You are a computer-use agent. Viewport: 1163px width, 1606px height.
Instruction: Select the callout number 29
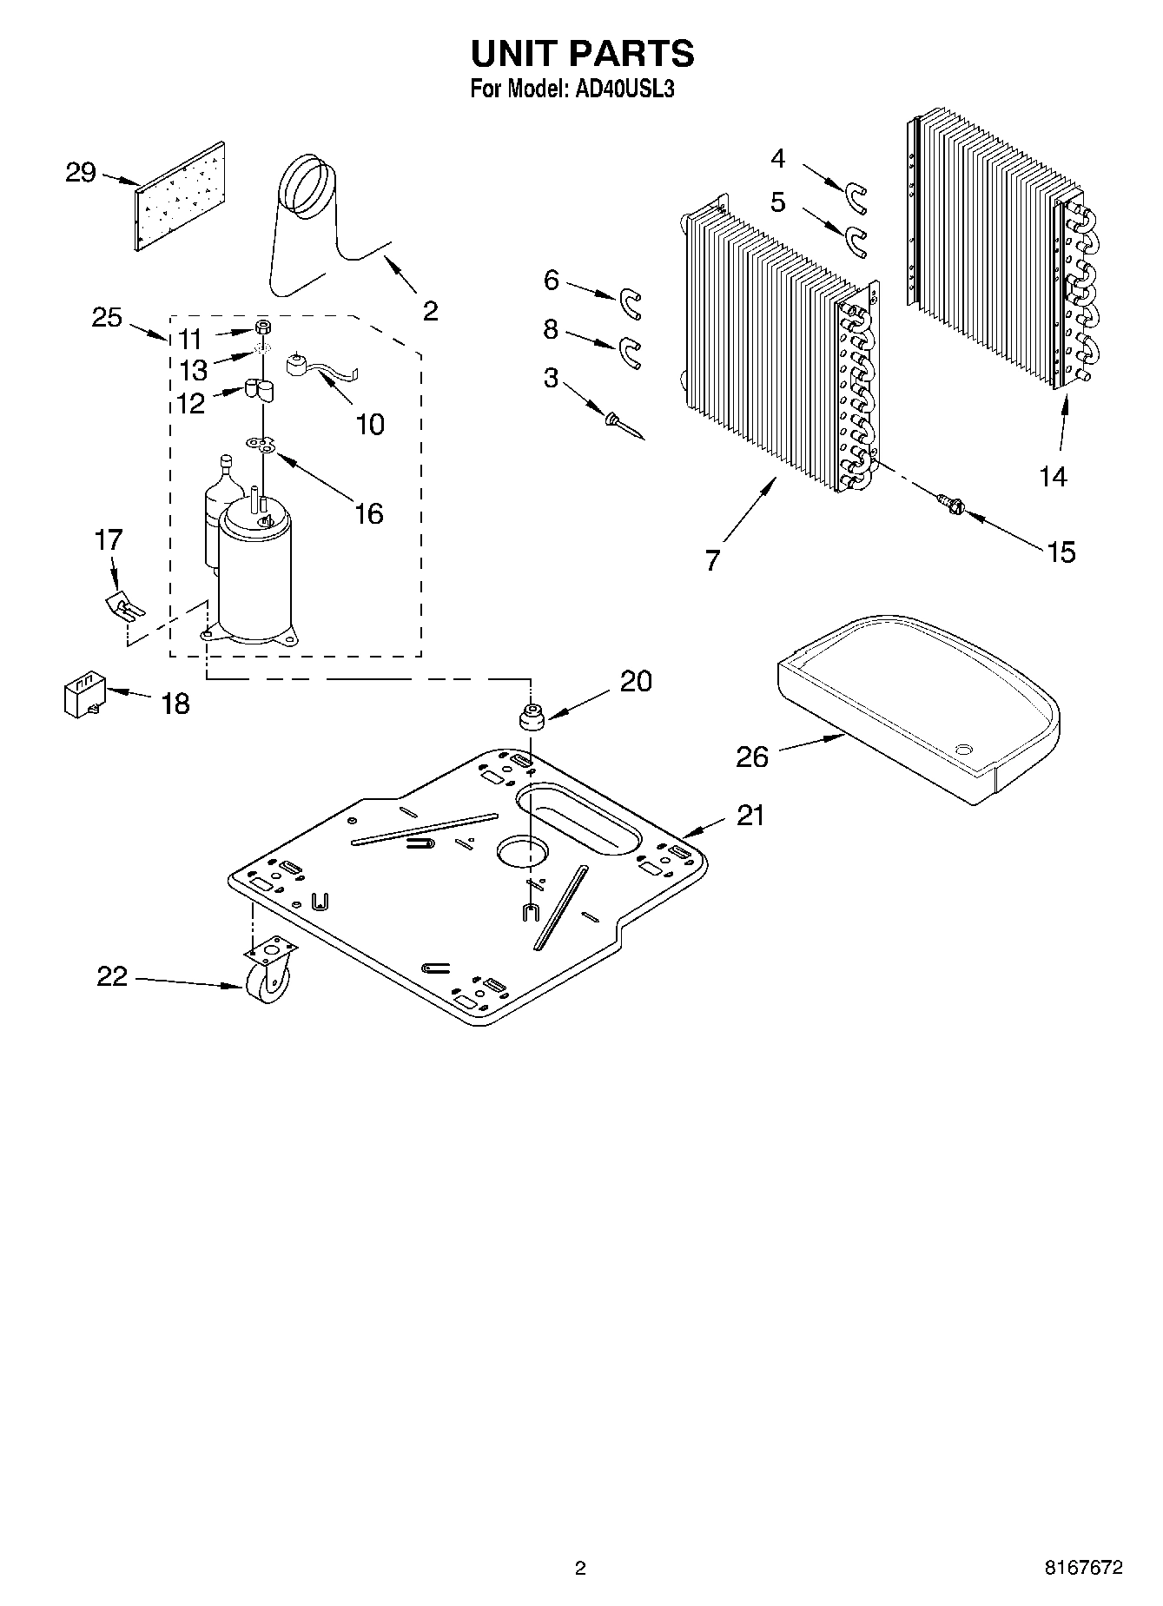tap(81, 173)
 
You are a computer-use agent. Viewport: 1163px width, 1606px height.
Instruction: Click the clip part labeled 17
tap(122, 605)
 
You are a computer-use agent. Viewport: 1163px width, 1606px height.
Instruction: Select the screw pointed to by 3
tap(620, 426)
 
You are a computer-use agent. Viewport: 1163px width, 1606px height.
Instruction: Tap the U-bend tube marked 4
tap(856, 197)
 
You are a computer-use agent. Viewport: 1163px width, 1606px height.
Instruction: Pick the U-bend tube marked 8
tap(629, 351)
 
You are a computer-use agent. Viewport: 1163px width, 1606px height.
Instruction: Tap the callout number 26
tap(752, 757)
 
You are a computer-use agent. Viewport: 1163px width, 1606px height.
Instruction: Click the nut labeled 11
tap(261, 327)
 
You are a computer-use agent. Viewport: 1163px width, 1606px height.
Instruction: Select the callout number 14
tap(1053, 476)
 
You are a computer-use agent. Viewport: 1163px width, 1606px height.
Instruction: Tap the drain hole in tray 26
tap(963, 748)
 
